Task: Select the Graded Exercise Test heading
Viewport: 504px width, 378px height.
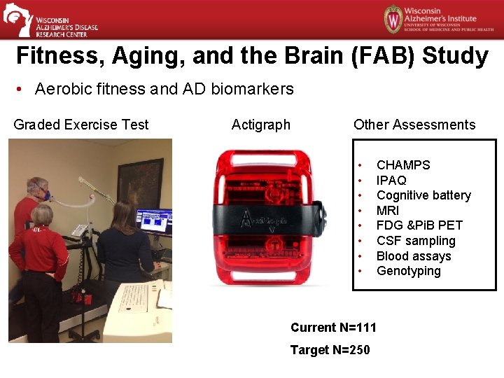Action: pos(81,125)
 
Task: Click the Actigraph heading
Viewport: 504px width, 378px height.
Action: pos(260,125)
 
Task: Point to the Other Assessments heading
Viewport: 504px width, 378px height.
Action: pos(414,125)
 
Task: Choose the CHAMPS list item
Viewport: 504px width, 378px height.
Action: pos(403,165)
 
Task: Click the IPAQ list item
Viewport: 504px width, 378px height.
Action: pos(391,181)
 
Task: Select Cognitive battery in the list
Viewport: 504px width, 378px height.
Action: pos(423,195)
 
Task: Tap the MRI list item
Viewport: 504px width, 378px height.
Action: pos(388,210)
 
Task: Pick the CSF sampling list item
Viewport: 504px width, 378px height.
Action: pos(416,241)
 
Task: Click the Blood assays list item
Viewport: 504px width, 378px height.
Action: pos(414,256)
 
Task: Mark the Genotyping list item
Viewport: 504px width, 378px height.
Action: pos(409,271)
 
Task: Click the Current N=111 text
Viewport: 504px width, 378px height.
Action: pos(333,328)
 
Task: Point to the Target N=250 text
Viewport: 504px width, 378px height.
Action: pos(330,350)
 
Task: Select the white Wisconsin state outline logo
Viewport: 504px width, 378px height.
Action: pos(17,19)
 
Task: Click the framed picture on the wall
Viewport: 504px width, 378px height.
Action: pos(140,184)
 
